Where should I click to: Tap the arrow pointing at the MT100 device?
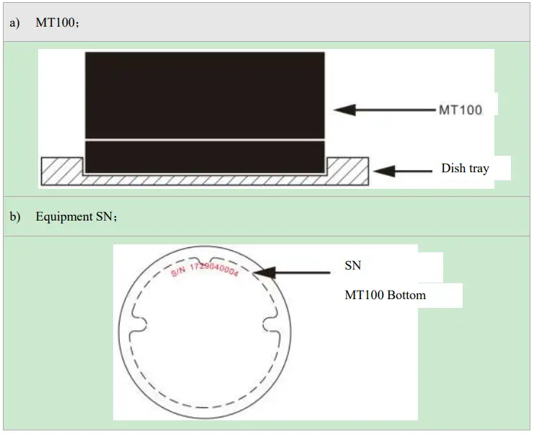tap(385, 110)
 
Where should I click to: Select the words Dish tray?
tap(465, 169)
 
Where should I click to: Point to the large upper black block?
tap(205, 94)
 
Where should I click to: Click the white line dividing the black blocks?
tap(205, 139)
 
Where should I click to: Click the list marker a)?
tap(14, 22)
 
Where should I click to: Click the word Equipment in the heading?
tap(63, 217)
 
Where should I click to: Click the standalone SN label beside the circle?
tap(352, 266)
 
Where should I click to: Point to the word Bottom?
tap(405, 295)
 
